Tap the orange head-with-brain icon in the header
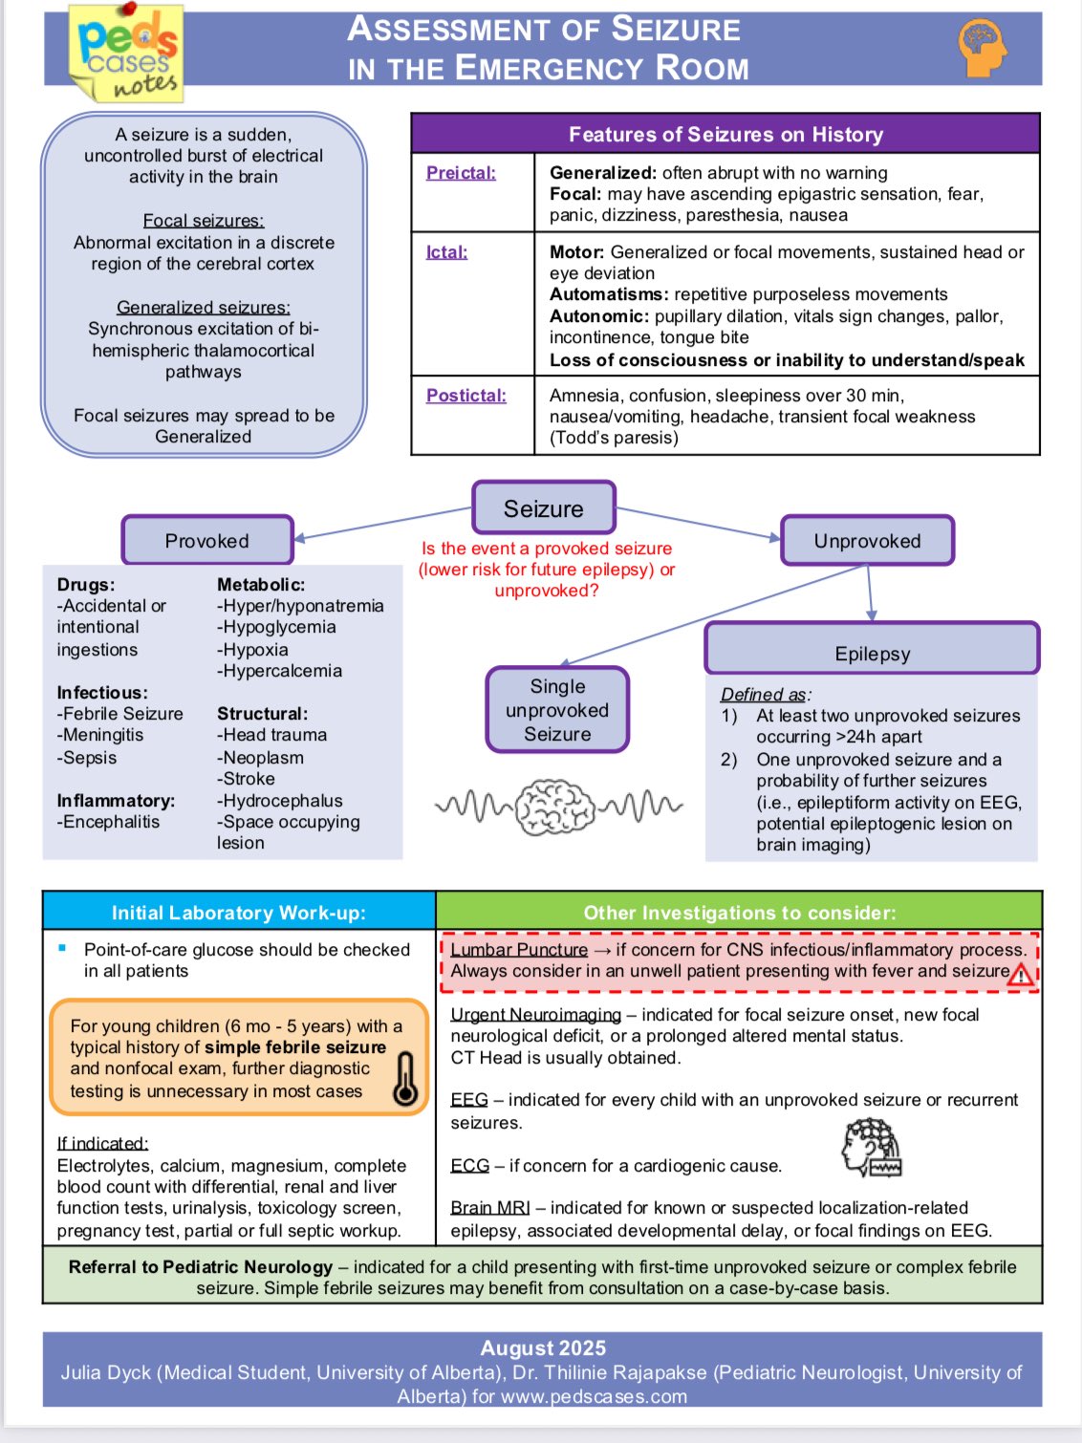[x=982, y=47]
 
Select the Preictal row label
[x=461, y=173]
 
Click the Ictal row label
[x=446, y=252]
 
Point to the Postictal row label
[x=465, y=396]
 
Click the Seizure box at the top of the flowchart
[x=544, y=508]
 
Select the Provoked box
[x=207, y=541]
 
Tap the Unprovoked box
[x=867, y=541]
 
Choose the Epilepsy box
[x=872, y=654]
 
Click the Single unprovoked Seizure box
[x=557, y=710]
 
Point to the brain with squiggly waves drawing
[x=557, y=807]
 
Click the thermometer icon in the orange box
[x=405, y=1079]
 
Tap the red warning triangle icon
[x=1021, y=974]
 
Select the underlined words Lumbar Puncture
[x=519, y=950]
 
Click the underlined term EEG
[x=469, y=1100]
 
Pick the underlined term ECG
[x=470, y=1166]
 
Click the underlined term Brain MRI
[x=490, y=1208]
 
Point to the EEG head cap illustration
[x=871, y=1147]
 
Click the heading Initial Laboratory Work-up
[x=239, y=913]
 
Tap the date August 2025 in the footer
[x=543, y=1348]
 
